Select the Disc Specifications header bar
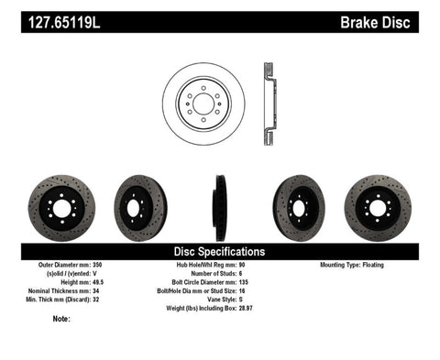point(220,251)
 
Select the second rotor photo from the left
point(139,202)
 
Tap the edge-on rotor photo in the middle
point(220,203)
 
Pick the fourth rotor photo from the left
point(299,202)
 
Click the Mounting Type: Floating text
point(363,265)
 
